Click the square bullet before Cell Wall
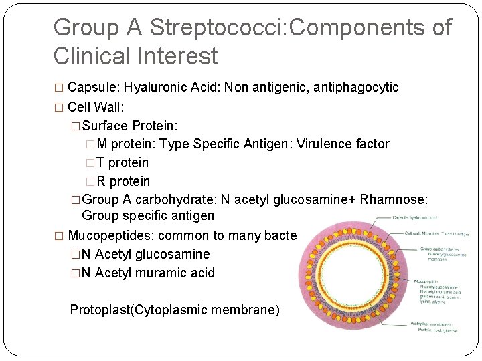click(x=58, y=107)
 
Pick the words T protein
click(x=123, y=162)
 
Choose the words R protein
click(x=123, y=181)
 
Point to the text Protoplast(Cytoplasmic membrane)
click(x=175, y=310)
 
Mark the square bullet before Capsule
click(x=58, y=88)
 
